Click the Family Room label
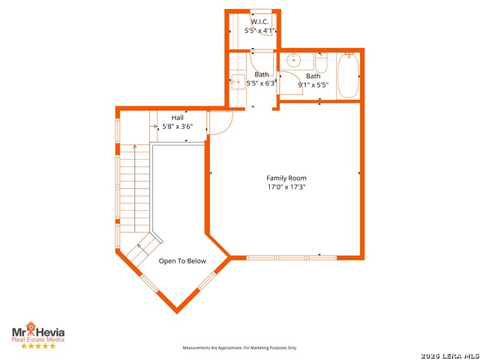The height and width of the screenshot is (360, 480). [286, 178]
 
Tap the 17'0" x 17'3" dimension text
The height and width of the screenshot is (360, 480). [286, 187]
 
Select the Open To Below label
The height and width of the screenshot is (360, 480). [182, 261]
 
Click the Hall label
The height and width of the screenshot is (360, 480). [178, 118]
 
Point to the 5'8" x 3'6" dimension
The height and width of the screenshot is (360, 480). [178, 126]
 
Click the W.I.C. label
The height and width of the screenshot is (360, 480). [259, 22]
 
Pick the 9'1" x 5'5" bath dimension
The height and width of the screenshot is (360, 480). [313, 85]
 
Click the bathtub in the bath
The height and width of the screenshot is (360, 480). [348, 76]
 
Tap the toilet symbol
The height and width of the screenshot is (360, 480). [321, 63]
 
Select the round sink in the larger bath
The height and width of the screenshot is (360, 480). [294, 60]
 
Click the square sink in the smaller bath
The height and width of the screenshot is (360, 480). [238, 82]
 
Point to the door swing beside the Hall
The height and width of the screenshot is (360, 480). [220, 122]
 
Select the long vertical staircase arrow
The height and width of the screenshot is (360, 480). [135, 188]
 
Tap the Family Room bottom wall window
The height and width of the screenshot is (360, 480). [292, 258]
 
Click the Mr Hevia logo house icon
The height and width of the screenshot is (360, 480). [31, 327]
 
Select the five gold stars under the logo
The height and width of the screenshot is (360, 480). [38, 346]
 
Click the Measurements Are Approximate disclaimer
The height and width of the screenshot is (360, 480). [240, 348]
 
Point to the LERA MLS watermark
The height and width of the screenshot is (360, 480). [450, 355]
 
